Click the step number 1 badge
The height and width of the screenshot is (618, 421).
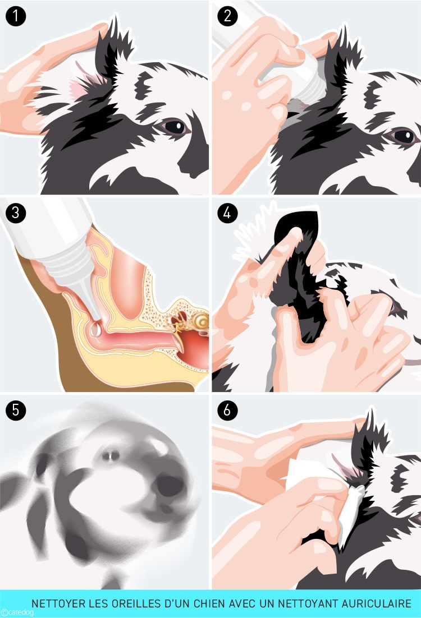tap(16, 16)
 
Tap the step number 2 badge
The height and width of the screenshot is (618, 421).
tap(227, 16)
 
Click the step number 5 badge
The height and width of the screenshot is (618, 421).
tap(16, 410)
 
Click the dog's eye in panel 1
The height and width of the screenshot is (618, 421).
tap(175, 127)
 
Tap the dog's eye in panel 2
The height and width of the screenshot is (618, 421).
tap(404, 135)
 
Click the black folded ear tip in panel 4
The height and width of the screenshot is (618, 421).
tap(300, 222)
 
